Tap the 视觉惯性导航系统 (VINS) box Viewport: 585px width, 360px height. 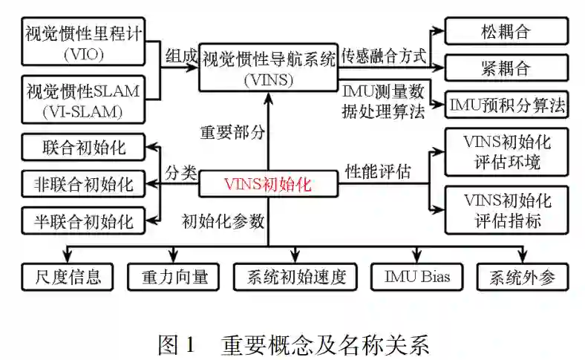coord(268,67)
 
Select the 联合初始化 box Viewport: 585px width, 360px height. coord(83,147)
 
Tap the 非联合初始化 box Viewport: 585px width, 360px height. coord(83,183)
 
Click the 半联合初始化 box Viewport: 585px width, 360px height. coord(83,220)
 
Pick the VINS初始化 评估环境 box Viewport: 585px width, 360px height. coord(506,151)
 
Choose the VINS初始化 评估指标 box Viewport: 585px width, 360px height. coord(506,210)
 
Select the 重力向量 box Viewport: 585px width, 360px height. coord(172,278)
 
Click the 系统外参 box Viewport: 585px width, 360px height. coord(523,278)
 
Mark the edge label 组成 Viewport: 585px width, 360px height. coord(180,56)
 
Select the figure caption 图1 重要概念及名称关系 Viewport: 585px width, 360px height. coord(293,344)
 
